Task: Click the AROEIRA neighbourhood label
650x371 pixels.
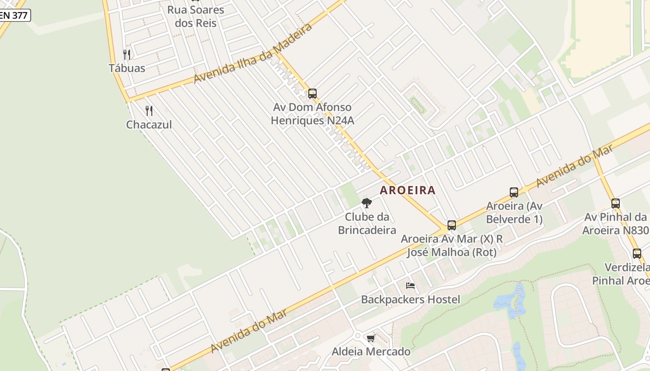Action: coord(408,190)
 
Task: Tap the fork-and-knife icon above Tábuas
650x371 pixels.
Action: coord(127,55)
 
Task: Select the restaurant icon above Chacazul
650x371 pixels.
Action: coord(149,111)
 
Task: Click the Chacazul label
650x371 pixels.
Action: coord(149,124)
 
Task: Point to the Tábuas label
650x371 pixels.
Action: coord(127,68)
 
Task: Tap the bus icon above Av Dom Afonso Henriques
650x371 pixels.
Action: coord(312,94)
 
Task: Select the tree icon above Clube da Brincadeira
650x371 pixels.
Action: coord(367,203)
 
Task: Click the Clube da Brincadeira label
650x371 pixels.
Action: coord(367,224)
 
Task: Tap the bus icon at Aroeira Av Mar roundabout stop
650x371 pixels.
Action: coord(451,226)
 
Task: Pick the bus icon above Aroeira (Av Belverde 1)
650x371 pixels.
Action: coord(514,192)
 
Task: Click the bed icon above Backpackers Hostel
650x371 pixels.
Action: coord(410,286)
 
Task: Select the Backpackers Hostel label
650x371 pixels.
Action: coord(410,300)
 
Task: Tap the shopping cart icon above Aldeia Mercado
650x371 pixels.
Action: coord(370,339)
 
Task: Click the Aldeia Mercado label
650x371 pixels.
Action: coord(370,352)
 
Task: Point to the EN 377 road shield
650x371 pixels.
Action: coord(14,15)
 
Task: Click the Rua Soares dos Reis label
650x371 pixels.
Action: coord(195,16)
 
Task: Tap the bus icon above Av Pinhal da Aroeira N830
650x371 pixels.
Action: coord(616,203)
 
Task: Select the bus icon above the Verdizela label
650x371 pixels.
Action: coord(637,254)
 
